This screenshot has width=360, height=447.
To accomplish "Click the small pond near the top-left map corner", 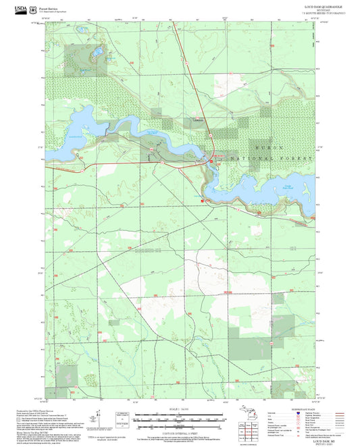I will click(x=80, y=30).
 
